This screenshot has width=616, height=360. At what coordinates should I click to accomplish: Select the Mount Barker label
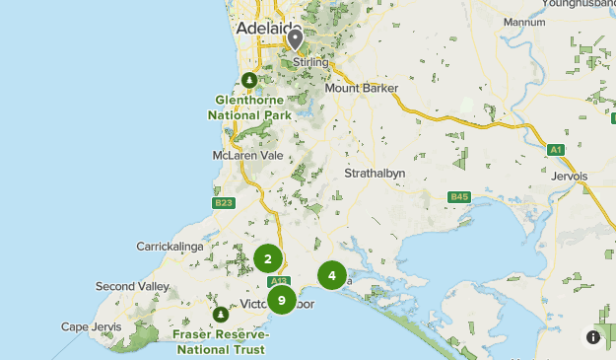[x=362, y=88]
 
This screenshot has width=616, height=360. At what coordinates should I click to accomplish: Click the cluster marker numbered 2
[x=267, y=258]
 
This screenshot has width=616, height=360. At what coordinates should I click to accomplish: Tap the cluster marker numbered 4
[x=332, y=275]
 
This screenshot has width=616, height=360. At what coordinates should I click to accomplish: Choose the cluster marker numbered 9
[x=282, y=300]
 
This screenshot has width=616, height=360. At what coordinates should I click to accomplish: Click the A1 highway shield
[x=556, y=149]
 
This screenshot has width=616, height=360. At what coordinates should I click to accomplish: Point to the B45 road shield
[x=458, y=197]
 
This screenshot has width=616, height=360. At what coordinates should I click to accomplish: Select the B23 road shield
[x=225, y=203]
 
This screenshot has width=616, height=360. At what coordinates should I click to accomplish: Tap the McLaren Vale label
[x=248, y=156]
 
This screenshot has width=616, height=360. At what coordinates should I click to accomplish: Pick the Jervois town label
[x=570, y=176]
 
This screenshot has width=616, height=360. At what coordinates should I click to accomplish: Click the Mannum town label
[x=523, y=49]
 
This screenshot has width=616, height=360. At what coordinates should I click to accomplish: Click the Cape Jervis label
[x=92, y=326]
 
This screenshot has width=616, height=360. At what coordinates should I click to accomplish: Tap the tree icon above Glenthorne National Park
[x=250, y=79]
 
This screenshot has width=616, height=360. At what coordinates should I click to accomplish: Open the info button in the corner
[x=593, y=336]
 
